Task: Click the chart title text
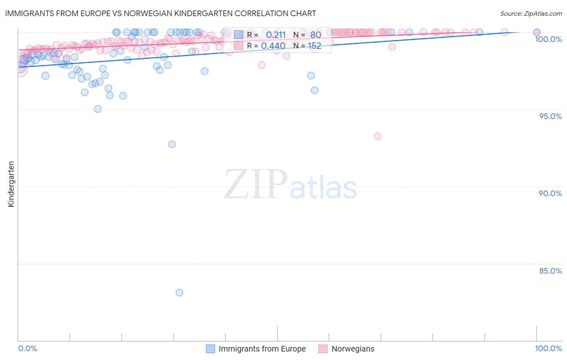pyautogui.click(x=161, y=13)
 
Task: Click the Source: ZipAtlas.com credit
pyautogui.click(x=531, y=13)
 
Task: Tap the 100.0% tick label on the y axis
pyautogui.click(x=548, y=39)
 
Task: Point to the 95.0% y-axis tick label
pyautogui.click(x=550, y=116)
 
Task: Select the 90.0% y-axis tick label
pyautogui.click(x=550, y=193)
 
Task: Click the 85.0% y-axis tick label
pyautogui.click(x=550, y=271)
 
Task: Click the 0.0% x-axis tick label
pyautogui.click(x=27, y=348)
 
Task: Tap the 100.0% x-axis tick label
pyautogui.click(x=548, y=348)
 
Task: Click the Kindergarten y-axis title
pyautogui.click(x=11, y=184)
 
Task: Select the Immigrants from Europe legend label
pyautogui.click(x=262, y=349)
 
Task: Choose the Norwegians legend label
pyautogui.click(x=353, y=349)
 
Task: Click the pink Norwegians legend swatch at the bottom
pyautogui.click(x=323, y=349)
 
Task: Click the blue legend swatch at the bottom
pyautogui.click(x=211, y=349)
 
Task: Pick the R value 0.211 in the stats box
pyautogui.click(x=276, y=35)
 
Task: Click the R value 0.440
pyautogui.click(x=273, y=46)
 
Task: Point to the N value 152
pyautogui.click(x=315, y=46)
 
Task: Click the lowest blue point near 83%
pyautogui.click(x=179, y=293)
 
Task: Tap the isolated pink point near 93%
pyautogui.click(x=377, y=136)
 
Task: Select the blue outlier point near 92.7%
pyautogui.click(x=172, y=144)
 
